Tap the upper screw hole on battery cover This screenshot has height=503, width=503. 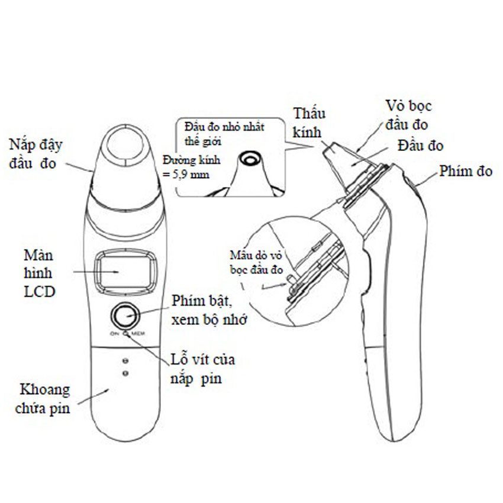point(124,360)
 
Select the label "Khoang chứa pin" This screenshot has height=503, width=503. point(45,398)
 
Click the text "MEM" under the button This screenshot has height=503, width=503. point(138,334)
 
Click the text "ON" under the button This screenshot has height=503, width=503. point(114,334)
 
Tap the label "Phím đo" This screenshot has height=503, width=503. point(466,172)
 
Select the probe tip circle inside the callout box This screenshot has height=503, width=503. point(251,159)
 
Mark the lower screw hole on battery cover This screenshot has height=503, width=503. point(124,373)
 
